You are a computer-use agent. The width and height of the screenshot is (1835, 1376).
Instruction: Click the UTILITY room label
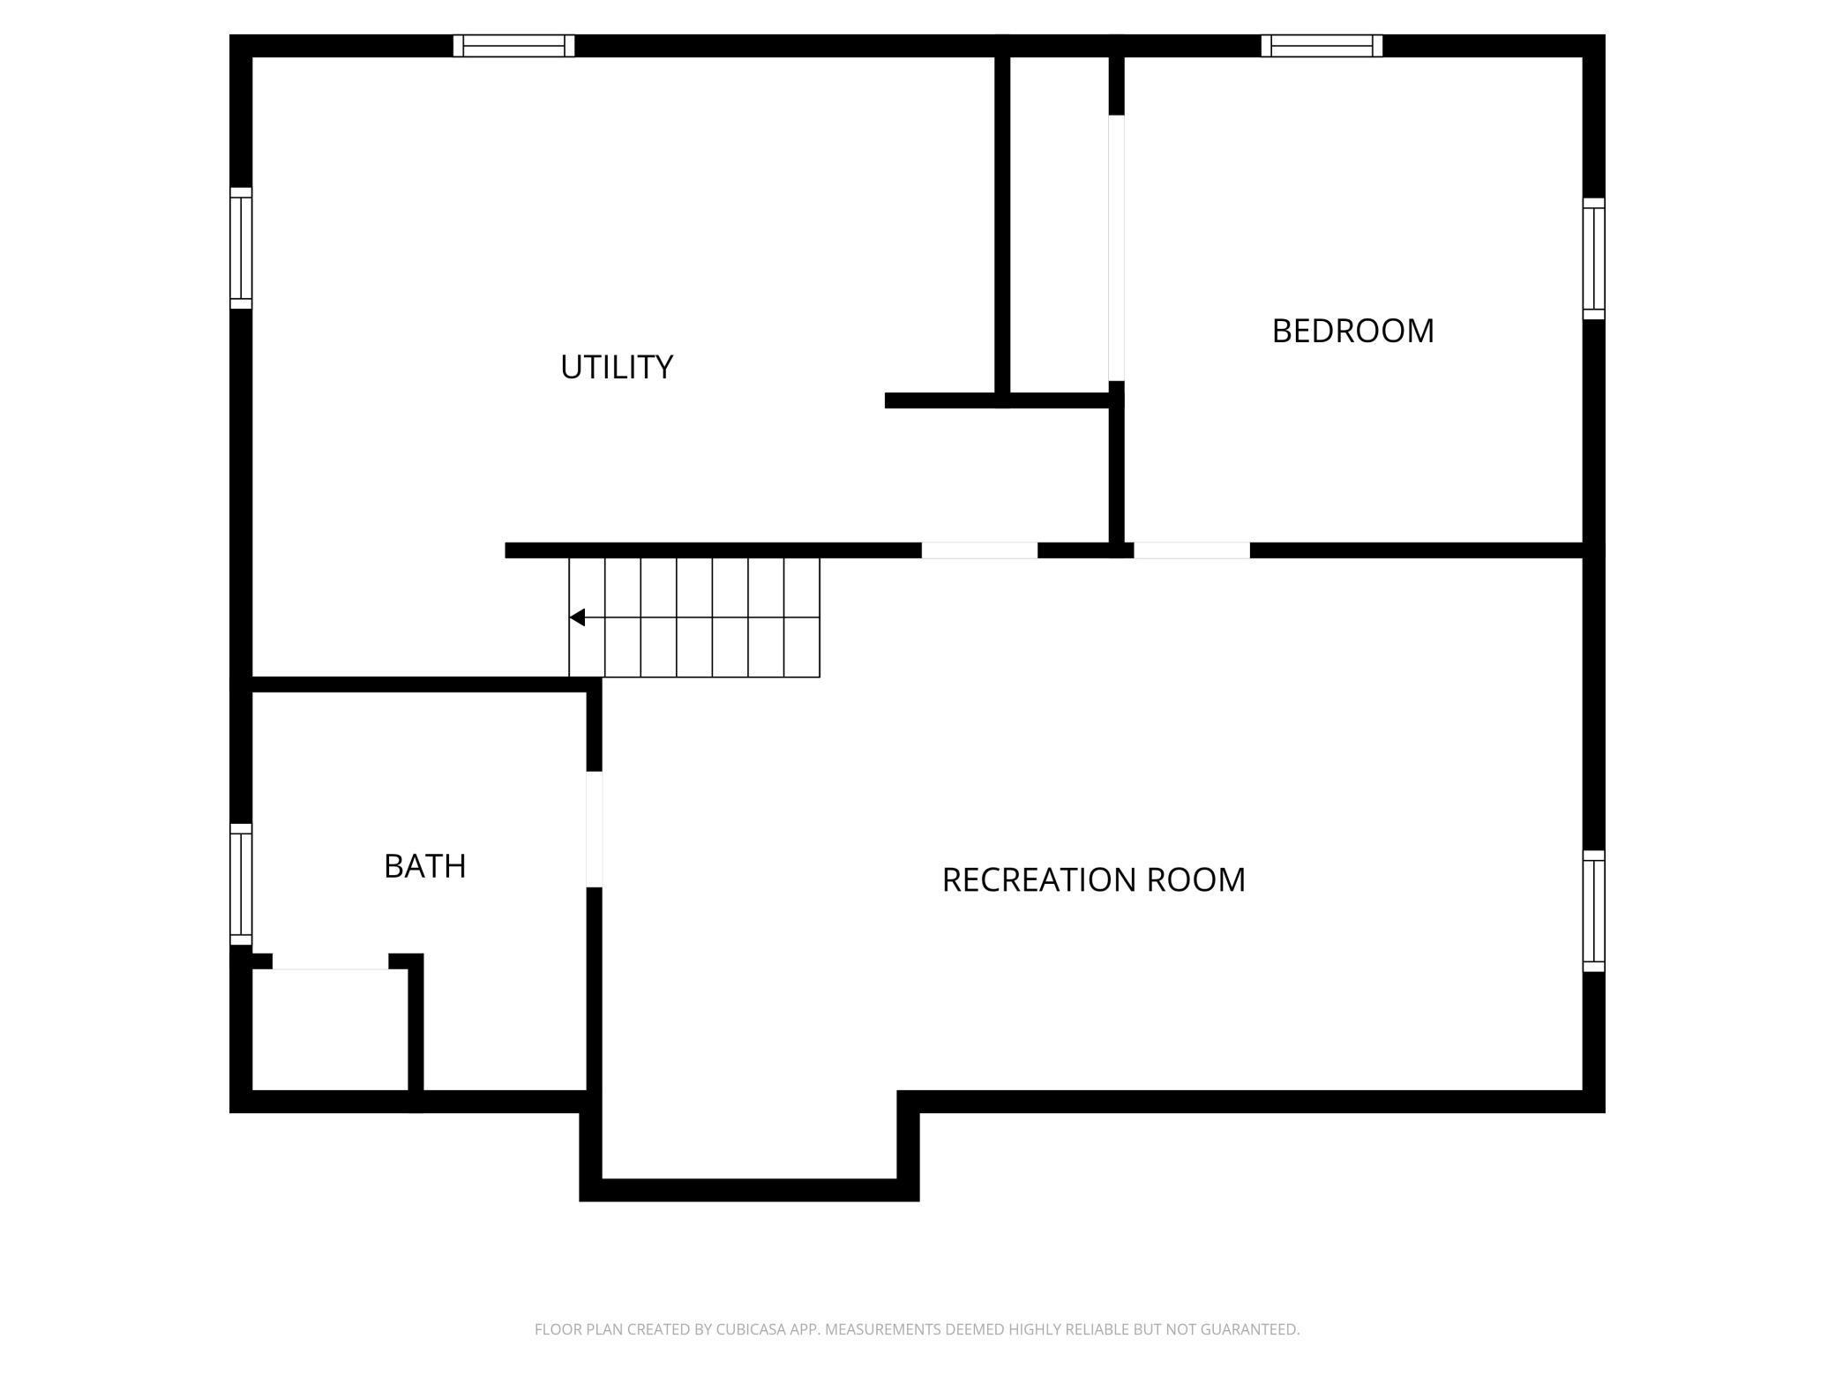pos(617,367)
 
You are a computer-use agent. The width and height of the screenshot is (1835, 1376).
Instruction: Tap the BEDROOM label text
pos(1352,331)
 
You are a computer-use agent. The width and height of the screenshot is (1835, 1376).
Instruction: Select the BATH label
pos(424,866)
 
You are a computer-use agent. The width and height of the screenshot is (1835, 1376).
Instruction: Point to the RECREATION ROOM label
pos(1093,879)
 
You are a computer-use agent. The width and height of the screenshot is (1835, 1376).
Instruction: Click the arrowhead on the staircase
pos(577,617)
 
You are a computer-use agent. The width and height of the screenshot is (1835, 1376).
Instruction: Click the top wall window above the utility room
pos(513,46)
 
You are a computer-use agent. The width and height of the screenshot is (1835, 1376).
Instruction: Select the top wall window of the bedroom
pos(1322,46)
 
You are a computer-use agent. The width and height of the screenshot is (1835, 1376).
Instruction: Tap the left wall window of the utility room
pos(241,248)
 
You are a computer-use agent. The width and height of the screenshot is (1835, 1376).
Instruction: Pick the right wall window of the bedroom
pos(1593,258)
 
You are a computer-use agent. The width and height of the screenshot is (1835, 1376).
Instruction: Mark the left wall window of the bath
pos(241,884)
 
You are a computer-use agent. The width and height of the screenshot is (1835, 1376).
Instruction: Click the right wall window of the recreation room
pos(1593,911)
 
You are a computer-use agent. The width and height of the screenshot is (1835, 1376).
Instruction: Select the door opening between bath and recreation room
pos(595,829)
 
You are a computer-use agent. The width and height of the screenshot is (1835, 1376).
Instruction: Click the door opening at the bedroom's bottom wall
pos(1192,550)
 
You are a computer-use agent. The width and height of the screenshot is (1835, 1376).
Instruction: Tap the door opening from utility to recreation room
pos(979,550)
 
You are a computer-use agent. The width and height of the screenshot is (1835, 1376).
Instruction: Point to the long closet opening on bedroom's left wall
pos(1116,248)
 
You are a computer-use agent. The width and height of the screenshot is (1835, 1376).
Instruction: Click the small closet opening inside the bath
pos(330,961)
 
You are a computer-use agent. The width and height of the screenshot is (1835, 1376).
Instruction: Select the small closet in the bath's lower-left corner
pos(330,1030)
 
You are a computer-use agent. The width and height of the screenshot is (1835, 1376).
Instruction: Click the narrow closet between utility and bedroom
pos(1059,225)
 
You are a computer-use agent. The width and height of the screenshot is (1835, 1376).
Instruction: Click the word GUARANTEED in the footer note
pos(1249,1329)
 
